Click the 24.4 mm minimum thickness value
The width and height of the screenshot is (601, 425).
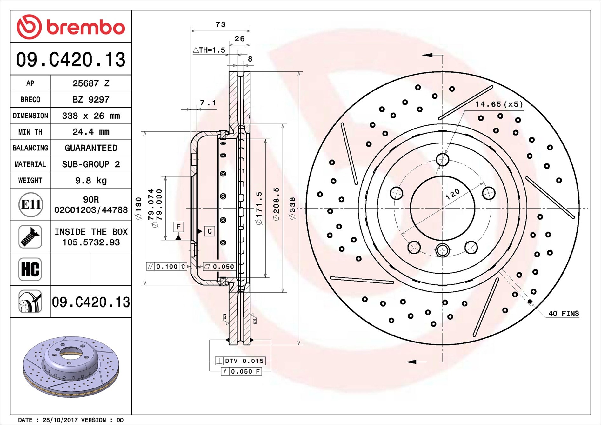click(91, 132)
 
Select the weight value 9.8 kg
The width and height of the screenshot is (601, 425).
click(91, 181)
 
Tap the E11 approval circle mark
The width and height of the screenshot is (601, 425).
click(30, 205)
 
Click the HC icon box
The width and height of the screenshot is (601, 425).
click(30, 269)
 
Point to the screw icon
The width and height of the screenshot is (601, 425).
click(30, 237)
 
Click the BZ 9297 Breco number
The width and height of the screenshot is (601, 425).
click(91, 100)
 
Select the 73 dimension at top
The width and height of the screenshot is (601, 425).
click(220, 24)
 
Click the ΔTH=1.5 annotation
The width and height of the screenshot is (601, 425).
click(209, 50)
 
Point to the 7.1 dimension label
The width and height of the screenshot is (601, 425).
click(208, 103)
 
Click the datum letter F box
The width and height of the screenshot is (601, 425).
click(178, 227)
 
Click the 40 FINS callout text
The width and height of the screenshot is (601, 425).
click(564, 314)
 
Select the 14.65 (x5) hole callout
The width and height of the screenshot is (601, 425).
click(499, 104)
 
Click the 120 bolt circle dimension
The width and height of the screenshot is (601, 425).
click(452, 193)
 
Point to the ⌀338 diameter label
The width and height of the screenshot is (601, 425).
click(292, 208)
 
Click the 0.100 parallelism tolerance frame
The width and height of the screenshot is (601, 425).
click(166, 267)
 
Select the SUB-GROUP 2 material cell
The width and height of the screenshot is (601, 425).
click(91, 164)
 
